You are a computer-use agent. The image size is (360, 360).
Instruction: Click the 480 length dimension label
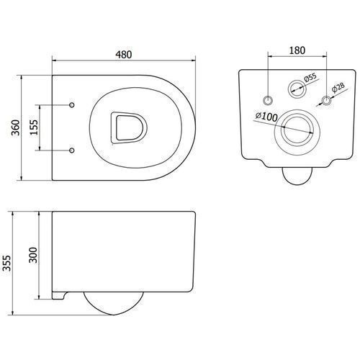(124, 55)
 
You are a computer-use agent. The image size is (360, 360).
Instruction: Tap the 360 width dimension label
(16, 127)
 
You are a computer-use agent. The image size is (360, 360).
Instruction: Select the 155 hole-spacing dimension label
(34, 127)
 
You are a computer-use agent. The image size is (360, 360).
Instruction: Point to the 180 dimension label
(297, 50)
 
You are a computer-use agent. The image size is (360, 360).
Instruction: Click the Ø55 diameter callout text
(310, 78)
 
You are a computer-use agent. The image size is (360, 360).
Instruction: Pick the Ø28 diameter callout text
(338, 87)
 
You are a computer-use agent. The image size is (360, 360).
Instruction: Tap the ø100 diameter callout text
(266, 117)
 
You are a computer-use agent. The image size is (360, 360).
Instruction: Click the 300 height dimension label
(33, 255)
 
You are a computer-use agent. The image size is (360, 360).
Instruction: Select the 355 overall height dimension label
(7, 264)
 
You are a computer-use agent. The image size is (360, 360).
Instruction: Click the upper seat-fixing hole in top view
(72, 105)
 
